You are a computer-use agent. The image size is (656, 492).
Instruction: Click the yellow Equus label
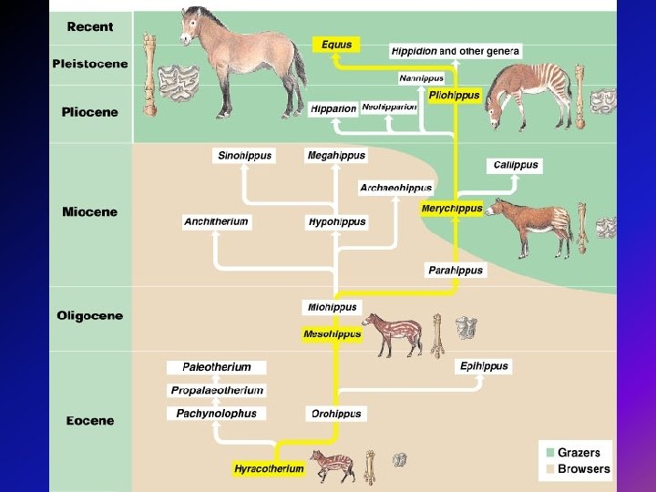(x=335, y=44)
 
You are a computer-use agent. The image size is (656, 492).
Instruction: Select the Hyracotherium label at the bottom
(x=269, y=469)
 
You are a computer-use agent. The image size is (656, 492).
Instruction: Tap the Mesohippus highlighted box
(x=332, y=334)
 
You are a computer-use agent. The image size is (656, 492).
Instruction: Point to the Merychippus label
(x=452, y=209)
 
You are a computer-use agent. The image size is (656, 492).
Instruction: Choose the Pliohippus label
(x=454, y=95)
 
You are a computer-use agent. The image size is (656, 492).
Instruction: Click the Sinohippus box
(x=244, y=156)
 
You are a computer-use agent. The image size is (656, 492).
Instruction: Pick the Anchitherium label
(x=216, y=221)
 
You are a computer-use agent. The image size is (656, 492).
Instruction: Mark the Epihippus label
(x=483, y=366)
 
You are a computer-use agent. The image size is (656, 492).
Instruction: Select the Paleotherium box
(x=217, y=367)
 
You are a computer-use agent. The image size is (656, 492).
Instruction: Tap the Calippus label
(x=516, y=165)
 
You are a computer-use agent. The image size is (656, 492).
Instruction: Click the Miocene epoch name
(x=89, y=211)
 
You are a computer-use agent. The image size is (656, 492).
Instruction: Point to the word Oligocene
(x=89, y=316)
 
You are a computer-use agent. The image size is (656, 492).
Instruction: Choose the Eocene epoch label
(x=89, y=421)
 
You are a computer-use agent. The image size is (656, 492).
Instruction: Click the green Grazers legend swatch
(x=548, y=453)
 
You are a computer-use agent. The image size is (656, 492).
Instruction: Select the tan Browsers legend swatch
(x=548, y=469)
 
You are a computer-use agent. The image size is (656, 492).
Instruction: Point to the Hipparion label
(x=333, y=108)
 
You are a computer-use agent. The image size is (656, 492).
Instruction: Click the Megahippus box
(x=336, y=156)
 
